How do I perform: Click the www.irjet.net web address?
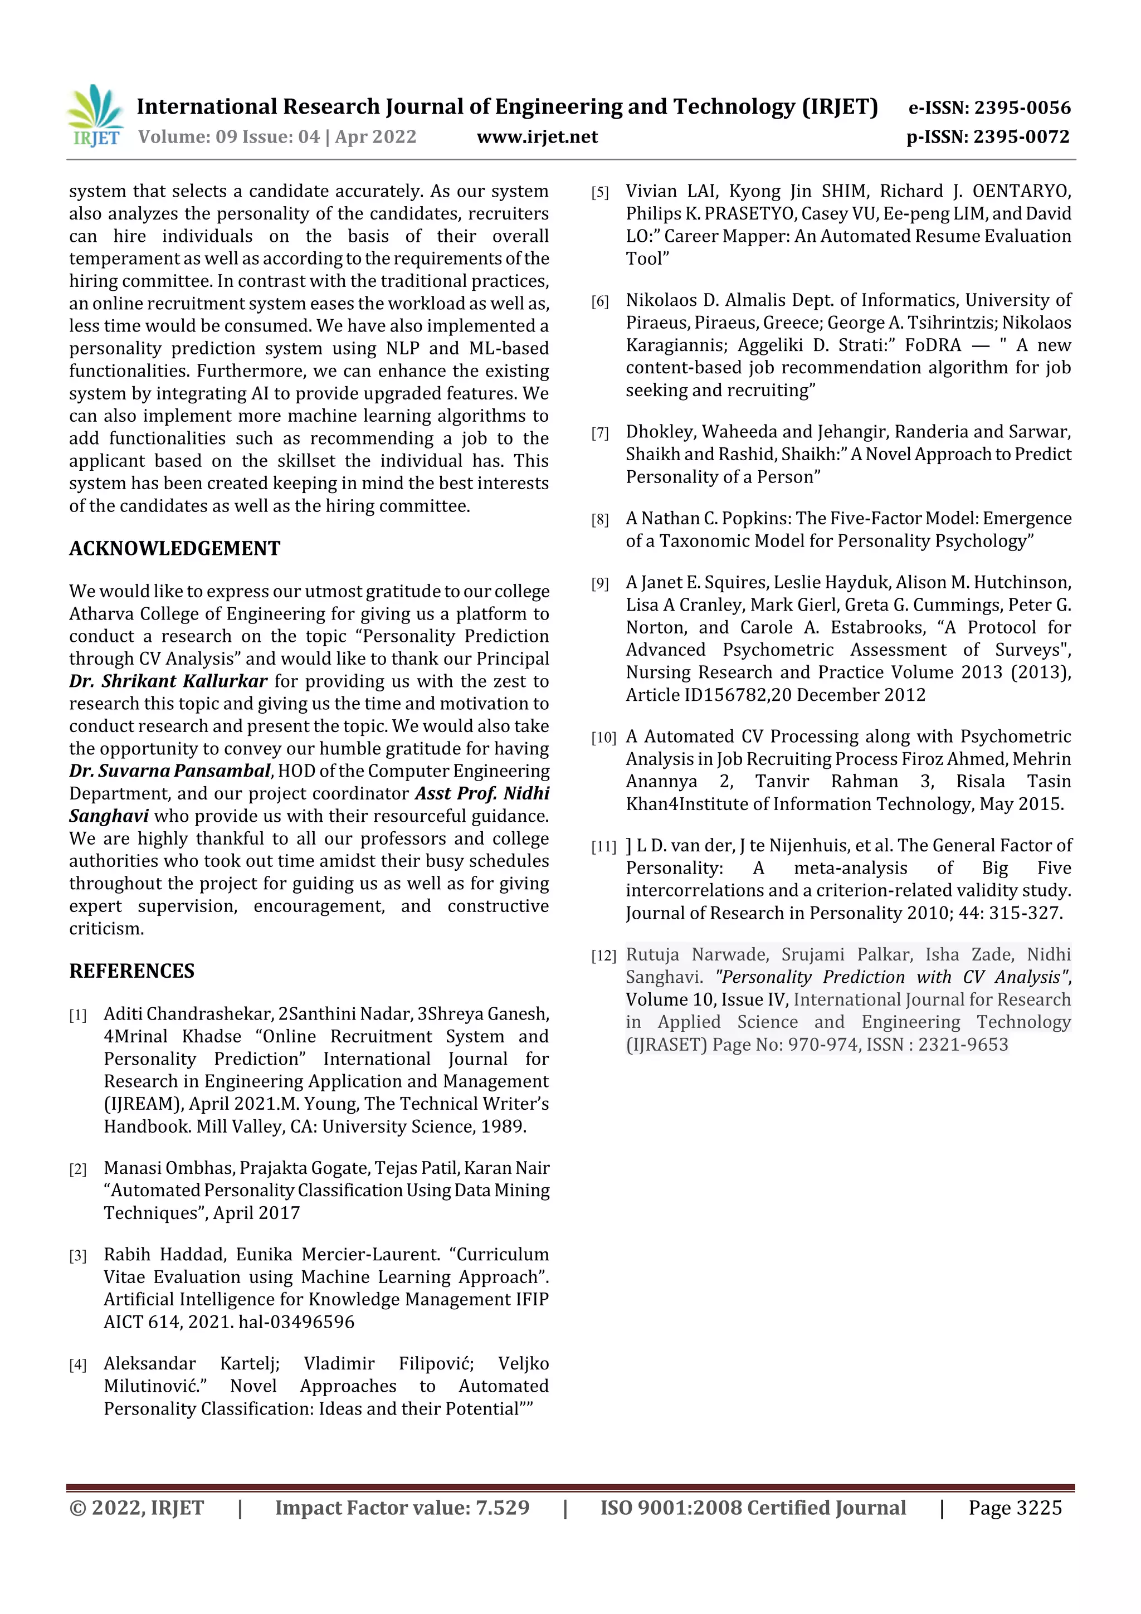point(537,137)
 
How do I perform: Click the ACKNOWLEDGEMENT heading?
point(174,548)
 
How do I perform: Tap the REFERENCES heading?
point(131,971)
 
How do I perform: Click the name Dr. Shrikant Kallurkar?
point(168,681)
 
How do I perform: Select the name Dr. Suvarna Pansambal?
point(169,771)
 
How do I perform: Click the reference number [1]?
point(77,1015)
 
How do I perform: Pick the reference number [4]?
point(77,1365)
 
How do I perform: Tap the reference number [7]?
point(599,433)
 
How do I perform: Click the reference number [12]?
point(603,956)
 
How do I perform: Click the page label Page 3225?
point(1015,1508)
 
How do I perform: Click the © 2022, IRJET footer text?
point(136,1508)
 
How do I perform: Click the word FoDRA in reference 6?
point(932,345)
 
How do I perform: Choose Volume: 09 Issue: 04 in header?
point(228,137)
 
